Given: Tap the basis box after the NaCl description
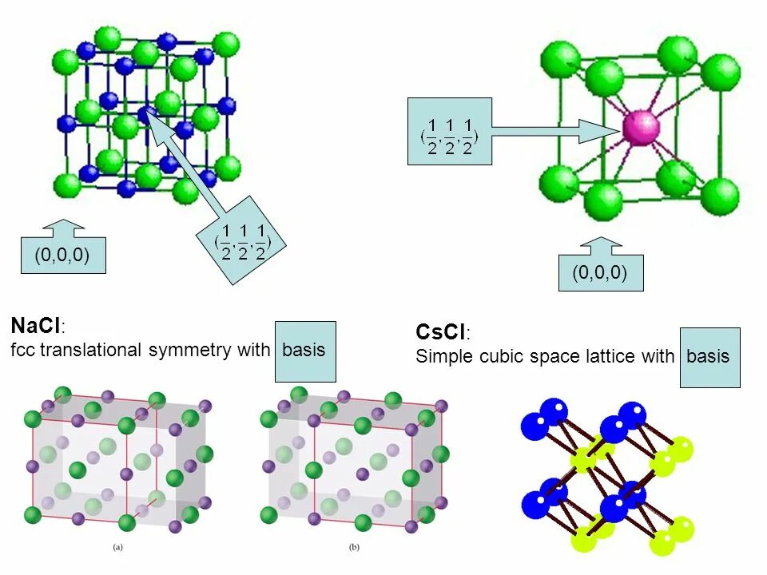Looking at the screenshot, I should pyautogui.click(x=304, y=351).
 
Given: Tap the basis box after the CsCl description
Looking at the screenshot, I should pyautogui.click(x=709, y=356).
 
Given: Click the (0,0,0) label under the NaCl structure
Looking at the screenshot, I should pyautogui.click(x=62, y=256).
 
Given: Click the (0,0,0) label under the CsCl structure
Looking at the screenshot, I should pyautogui.click(x=599, y=273).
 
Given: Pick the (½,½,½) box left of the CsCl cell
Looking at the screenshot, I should pyautogui.click(x=449, y=132).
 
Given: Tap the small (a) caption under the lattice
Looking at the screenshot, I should pyautogui.click(x=118, y=548).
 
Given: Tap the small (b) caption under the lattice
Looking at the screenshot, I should pyautogui.click(x=355, y=548).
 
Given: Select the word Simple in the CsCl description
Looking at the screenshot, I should pyautogui.click(x=444, y=356).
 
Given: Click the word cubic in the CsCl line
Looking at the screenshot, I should pyautogui.click(x=499, y=356).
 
